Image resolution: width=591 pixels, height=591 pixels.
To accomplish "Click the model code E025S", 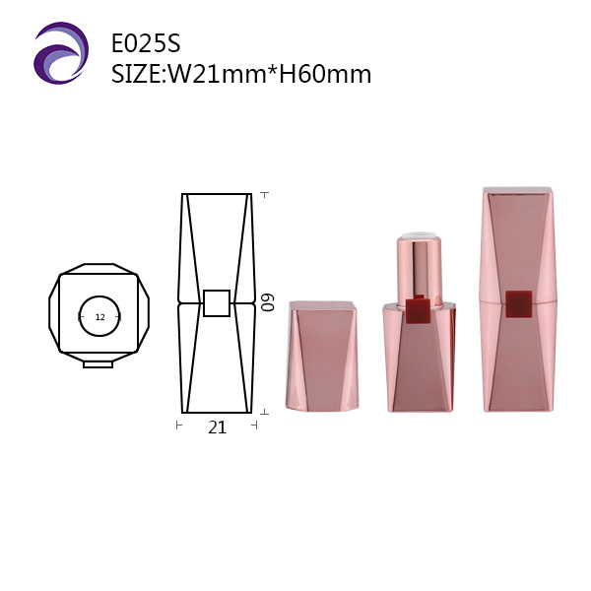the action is (146, 43).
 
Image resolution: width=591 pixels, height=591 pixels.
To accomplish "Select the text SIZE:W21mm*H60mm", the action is (241, 74).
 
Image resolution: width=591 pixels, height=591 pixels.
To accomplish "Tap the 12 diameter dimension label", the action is (99, 317).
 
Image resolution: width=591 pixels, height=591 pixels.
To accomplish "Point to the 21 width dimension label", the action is (217, 427).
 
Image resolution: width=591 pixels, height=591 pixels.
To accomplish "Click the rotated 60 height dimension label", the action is (268, 302).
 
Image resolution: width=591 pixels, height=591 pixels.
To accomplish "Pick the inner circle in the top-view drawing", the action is (99, 296).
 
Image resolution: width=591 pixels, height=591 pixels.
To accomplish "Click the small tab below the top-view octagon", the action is (98, 364).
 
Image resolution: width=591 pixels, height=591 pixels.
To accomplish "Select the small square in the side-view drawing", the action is (217, 303).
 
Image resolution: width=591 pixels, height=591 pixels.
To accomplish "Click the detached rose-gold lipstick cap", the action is (321, 356).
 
